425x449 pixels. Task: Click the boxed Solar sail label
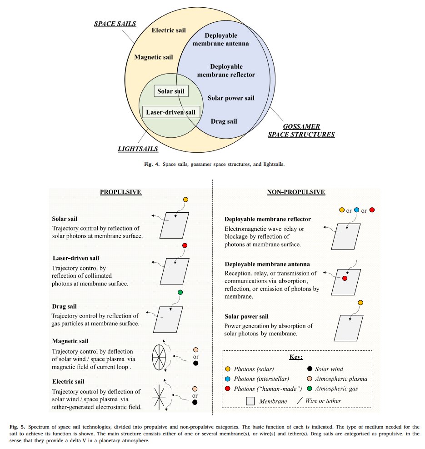[171, 91]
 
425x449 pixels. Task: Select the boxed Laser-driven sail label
[171, 112]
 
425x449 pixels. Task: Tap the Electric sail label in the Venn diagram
[169, 30]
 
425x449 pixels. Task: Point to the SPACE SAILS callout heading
[115, 24]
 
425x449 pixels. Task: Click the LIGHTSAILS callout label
[138, 149]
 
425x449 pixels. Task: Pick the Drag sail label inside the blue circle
[224, 121]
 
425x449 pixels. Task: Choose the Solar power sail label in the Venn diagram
[231, 98]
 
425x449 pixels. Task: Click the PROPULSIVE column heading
[120, 192]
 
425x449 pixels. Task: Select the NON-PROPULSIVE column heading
[296, 192]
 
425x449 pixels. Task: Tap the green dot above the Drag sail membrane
[180, 292]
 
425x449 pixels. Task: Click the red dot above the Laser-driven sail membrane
[185, 245]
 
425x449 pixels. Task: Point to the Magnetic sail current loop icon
[159, 357]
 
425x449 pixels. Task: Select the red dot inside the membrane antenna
[345, 278]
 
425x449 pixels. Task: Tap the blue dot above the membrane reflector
[356, 210]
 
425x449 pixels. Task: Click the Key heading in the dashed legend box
[296, 357]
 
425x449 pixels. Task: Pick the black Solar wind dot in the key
[310, 369]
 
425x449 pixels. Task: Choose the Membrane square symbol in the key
[250, 401]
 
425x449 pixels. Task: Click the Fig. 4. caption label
[152, 165]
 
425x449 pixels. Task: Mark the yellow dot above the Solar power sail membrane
[360, 303]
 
